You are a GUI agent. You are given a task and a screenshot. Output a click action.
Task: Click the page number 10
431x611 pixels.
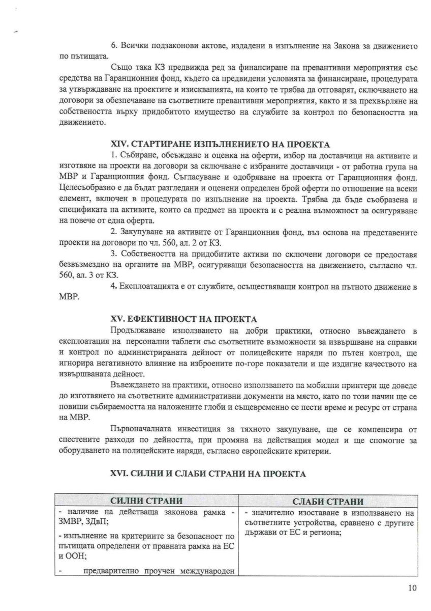[412, 589]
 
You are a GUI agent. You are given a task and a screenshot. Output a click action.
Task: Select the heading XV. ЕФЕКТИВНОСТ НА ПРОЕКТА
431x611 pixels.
[184, 319]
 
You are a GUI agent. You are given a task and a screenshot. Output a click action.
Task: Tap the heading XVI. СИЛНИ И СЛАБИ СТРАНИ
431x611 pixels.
[208, 474]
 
